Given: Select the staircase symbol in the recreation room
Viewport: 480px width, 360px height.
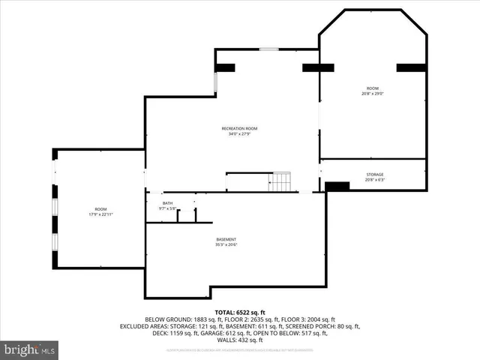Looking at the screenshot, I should click(x=280, y=182).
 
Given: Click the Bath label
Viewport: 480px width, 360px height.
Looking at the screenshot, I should click(x=167, y=202).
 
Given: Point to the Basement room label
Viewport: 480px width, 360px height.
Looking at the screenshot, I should click(x=226, y=239).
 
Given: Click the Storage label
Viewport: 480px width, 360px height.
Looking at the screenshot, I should click(x=374, y=174).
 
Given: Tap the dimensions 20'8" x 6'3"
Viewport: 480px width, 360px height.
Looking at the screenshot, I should click(x=374, y=180).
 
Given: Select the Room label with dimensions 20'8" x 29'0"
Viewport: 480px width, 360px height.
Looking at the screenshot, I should click(x=373, y=88).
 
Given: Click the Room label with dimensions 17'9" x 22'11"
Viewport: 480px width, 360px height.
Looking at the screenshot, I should click(x=100, y=208).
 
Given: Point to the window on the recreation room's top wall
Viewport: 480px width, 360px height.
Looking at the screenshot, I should click(x=269, y=49).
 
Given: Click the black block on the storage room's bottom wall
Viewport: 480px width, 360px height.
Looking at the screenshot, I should click(x=337, y=186).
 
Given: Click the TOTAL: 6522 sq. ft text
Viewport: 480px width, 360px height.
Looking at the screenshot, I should click(x=240, y=312).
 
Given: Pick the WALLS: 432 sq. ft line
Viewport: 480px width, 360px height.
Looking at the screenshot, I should click(x=240, y=340).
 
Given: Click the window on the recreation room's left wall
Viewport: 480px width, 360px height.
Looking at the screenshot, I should click(x=216, y=82).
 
